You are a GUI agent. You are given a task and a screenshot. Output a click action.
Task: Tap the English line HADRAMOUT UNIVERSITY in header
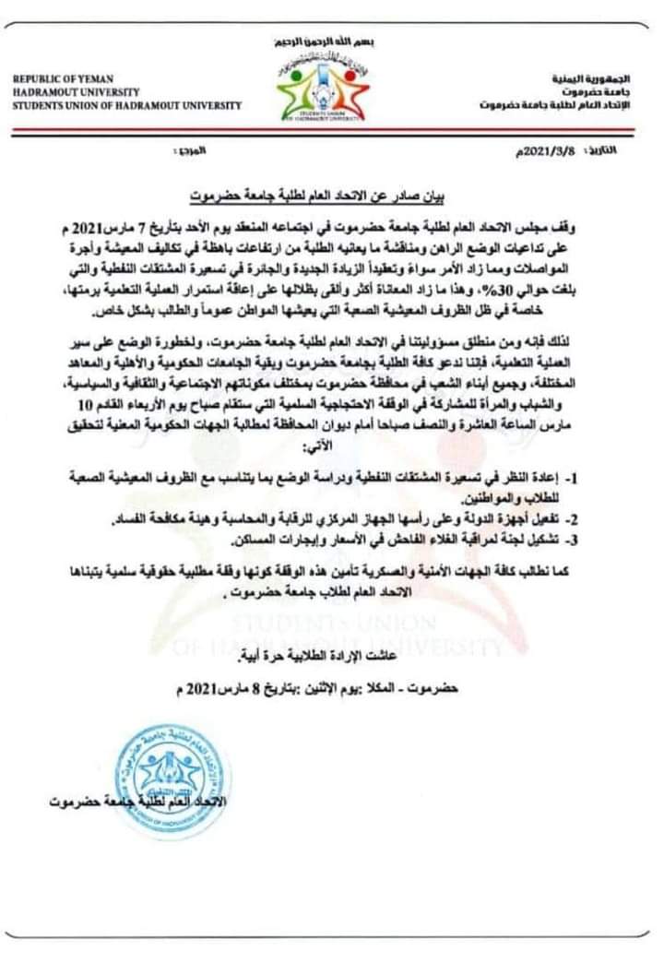click(77, 93)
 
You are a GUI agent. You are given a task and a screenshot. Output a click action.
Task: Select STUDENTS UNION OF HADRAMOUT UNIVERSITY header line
click(127, 105)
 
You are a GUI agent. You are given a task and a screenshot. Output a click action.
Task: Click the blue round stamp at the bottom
click(174, 780)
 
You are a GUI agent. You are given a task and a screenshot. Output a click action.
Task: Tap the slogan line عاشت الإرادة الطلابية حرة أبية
click(322, 657)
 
